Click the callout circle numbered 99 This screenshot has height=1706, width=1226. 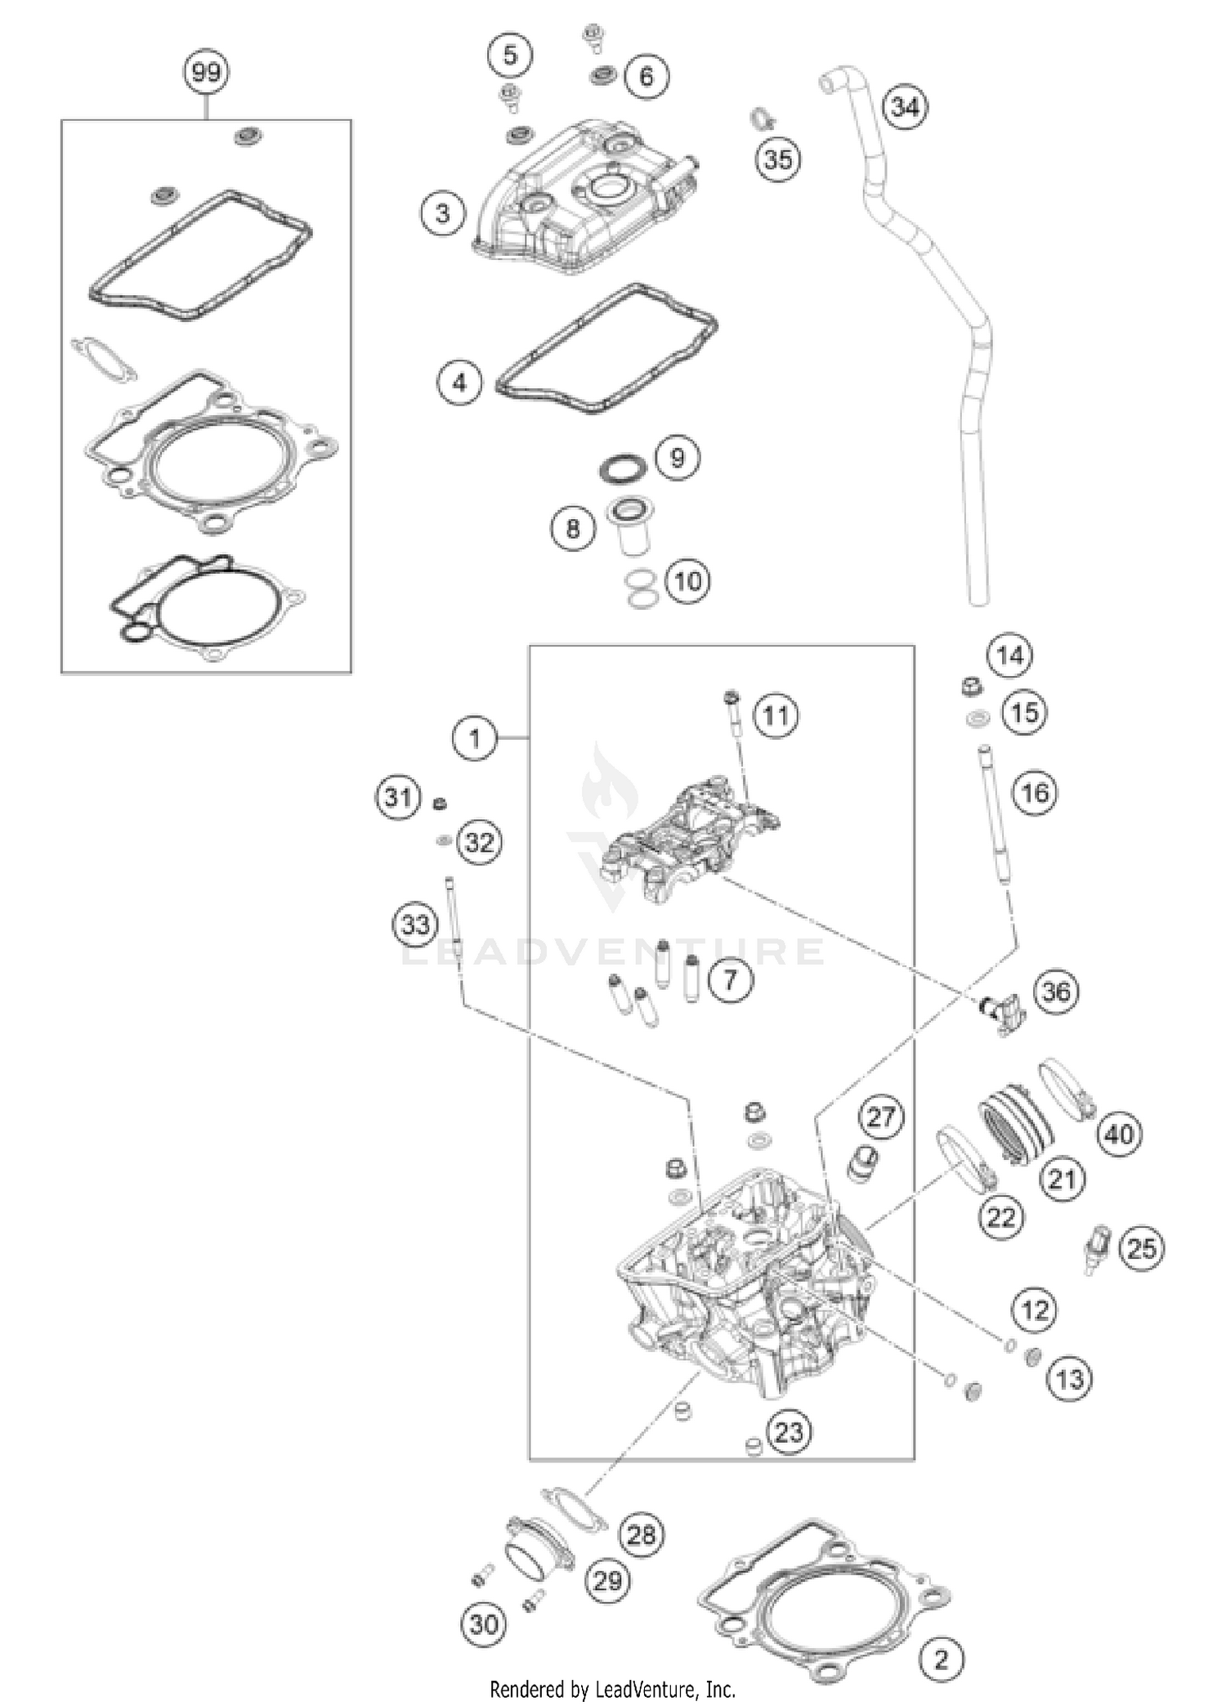tap(205, 72)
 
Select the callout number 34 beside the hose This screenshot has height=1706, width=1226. tap(906, 107)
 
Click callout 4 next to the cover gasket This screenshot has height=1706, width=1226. tap(459, 383)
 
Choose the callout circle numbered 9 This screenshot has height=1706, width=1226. tap(678, 458)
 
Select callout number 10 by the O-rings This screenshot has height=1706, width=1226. tap(688, 581)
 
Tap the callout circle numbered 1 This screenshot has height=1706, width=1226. tap(474, 739)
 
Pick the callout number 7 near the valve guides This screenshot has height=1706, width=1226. tap(731, 978)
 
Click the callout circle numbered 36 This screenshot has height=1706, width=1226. tap(1056, 992)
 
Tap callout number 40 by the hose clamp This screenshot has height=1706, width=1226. tap(1119, 1134)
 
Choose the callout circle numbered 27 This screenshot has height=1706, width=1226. tap(881, 1117)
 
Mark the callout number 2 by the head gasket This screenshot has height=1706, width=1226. tap(942, 1659)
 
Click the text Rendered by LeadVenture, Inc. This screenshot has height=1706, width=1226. tap(612, 1689)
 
